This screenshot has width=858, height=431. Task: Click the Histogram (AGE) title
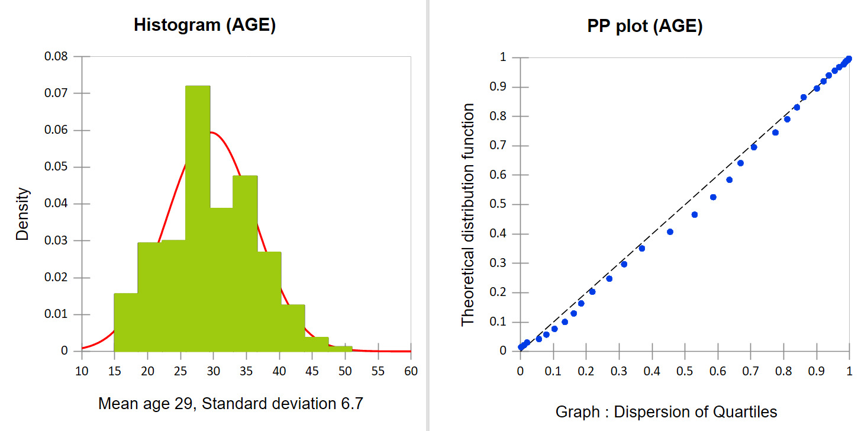click(205, 25)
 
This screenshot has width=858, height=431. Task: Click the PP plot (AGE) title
click(644, 27)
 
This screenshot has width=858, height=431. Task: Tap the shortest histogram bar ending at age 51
click(340, 349)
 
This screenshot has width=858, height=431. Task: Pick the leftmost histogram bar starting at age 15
click(126, 322)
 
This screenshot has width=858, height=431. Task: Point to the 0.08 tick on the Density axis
click(64, 57)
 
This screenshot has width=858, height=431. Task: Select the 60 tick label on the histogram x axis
click(410, 371)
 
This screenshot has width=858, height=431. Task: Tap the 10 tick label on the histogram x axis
click(82, 371)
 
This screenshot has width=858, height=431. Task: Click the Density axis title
click(22, 214)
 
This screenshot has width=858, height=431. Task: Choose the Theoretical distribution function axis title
click(468, 214)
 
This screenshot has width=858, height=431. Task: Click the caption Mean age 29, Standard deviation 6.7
click(231, 404)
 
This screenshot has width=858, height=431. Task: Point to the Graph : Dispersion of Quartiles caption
click(666, 411)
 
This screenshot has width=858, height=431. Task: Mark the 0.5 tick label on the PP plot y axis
click(498, 204)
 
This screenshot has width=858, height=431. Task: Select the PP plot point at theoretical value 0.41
click(670, 231)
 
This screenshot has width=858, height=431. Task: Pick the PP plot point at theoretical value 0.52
click(713, 197)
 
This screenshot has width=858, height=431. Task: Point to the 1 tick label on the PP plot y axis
click(503, 57)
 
